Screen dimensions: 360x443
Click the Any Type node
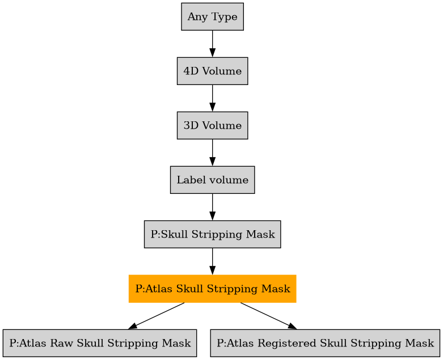[x=212, y=17]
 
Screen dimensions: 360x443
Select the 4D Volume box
[x=212, y=71]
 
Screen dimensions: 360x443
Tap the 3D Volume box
[x=212, y=125]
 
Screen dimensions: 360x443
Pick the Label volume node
[x=212, y=180]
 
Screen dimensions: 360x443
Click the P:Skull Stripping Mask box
[x=212, y=234]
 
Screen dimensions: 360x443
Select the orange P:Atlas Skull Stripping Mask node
[x=212, y=289]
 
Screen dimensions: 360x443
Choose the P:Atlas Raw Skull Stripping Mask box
[x=100, y=343]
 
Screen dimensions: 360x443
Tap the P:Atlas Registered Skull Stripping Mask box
[x=325, y=343]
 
